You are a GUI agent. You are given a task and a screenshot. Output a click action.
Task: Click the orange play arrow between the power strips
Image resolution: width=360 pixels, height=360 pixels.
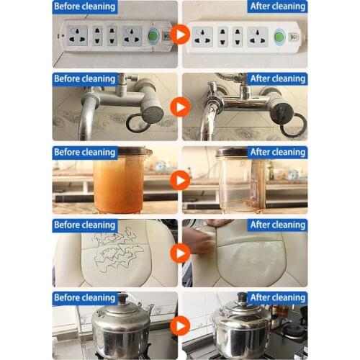point(180,35)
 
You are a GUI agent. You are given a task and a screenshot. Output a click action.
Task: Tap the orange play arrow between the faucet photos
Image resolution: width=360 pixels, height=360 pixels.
point(180,107)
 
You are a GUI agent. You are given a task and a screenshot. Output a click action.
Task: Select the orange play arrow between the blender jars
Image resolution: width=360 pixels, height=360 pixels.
point(180,180)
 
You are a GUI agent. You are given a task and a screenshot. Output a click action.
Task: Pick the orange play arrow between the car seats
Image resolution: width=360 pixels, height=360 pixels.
point(180,253)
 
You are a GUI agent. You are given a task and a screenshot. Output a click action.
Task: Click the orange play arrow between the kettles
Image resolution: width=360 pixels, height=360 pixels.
point(180,325)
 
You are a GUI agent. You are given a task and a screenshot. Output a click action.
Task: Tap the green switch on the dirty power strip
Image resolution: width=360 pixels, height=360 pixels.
point(153,36)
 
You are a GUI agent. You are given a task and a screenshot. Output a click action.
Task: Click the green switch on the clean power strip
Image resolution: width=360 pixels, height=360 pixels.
point(279,37)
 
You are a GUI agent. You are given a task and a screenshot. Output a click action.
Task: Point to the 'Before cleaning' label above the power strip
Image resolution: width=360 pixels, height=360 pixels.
point(85,6)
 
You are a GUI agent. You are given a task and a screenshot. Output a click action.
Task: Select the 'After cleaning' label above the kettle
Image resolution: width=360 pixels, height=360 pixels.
point(277,298)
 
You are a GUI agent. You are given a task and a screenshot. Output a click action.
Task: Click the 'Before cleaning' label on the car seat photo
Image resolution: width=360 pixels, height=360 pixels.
point(85,225)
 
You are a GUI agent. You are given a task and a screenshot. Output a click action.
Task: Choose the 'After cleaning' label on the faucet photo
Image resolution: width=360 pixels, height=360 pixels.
point(277,79)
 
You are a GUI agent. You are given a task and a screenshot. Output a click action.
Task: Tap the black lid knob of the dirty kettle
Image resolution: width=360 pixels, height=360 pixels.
point(122,299)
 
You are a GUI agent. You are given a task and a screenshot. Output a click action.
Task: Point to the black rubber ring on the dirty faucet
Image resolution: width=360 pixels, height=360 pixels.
point(139,123)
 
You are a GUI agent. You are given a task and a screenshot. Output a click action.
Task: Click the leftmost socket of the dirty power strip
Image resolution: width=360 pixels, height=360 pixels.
point(77,36)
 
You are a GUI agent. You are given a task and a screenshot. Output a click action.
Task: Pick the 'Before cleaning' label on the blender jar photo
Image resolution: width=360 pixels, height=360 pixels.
point(85,153)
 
